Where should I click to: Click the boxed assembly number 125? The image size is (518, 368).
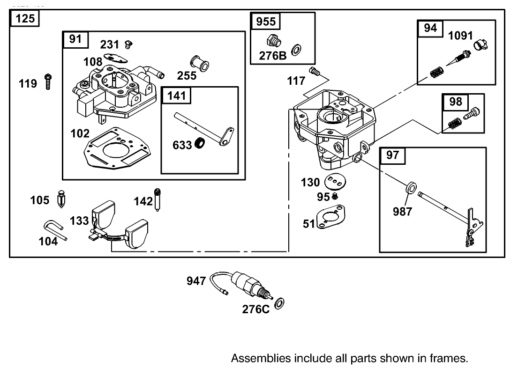coord(24,19)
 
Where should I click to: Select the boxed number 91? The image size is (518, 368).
coord(75,39)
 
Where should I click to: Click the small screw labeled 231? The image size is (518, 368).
coord(128,44)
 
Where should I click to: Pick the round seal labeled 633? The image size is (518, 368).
coord(201,144)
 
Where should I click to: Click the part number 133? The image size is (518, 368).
coord(79,221)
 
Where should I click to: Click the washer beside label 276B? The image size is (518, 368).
coord(296,49)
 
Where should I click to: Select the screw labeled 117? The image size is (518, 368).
coord(314,71)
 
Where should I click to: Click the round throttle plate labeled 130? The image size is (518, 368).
coord(333,182)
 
